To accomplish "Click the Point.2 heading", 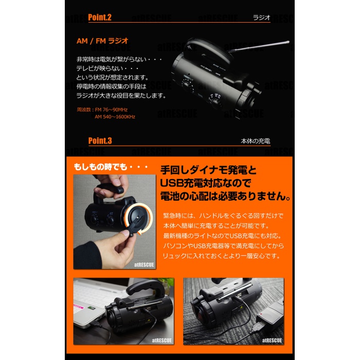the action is (x=100, y=17).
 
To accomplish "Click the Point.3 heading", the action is (x=100, y=141).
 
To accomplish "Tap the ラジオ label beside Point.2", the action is (x=261, y=17).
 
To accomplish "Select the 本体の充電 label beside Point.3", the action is (x=255, y=141).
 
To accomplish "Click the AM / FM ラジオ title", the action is (x=102, y=41).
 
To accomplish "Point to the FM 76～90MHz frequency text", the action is (x=111, y=110).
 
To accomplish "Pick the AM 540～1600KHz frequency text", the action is (x=115, y=117).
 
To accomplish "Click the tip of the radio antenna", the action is (x=288, y=42).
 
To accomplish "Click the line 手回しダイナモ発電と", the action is (x=208, y=170).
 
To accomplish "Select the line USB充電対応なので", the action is (x=205, y=183).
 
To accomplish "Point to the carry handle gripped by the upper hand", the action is (x=110, y=191).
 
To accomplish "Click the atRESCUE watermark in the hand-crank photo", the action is (x=144, y=265).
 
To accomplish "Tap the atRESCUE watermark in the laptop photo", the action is (x=162, y=340).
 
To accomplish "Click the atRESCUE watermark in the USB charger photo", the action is (x=272, y=340).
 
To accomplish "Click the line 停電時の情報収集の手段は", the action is (x=112, y=86).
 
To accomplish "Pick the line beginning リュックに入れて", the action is (x=221, y=256).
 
